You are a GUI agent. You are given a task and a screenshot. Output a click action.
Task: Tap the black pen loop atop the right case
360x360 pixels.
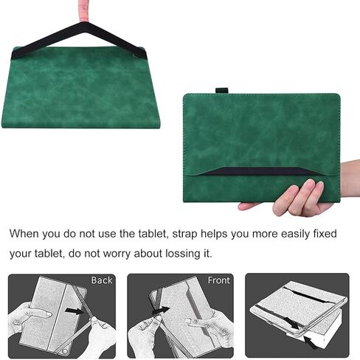[x=222, y=91]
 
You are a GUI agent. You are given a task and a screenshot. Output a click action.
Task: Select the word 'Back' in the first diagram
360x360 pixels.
[x=102, y=280]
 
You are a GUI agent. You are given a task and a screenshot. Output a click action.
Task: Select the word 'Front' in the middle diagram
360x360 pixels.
[x=219, y=280]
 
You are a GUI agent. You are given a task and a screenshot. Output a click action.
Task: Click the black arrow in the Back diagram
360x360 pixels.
[x=75, y=311]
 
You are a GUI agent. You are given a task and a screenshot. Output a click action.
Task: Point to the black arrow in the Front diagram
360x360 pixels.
[x=162, y=311]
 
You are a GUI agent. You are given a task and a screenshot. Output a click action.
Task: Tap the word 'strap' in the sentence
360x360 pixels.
[x=184, y=235]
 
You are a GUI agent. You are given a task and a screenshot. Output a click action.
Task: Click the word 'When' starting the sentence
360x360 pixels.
[x=24, y=234]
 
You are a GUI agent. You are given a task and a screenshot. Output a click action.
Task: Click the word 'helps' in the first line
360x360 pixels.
[x=214, y=235]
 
